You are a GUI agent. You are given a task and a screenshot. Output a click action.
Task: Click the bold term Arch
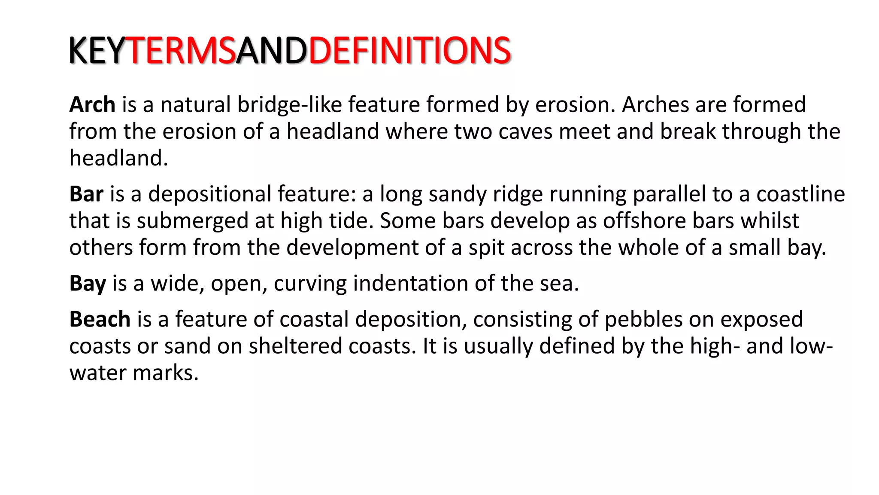coord(92,104)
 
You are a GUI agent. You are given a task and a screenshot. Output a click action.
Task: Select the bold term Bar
coord(86,194)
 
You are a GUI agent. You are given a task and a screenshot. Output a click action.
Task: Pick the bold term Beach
coord(100,319)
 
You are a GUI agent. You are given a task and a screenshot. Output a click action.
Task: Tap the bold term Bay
coord(88,284)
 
